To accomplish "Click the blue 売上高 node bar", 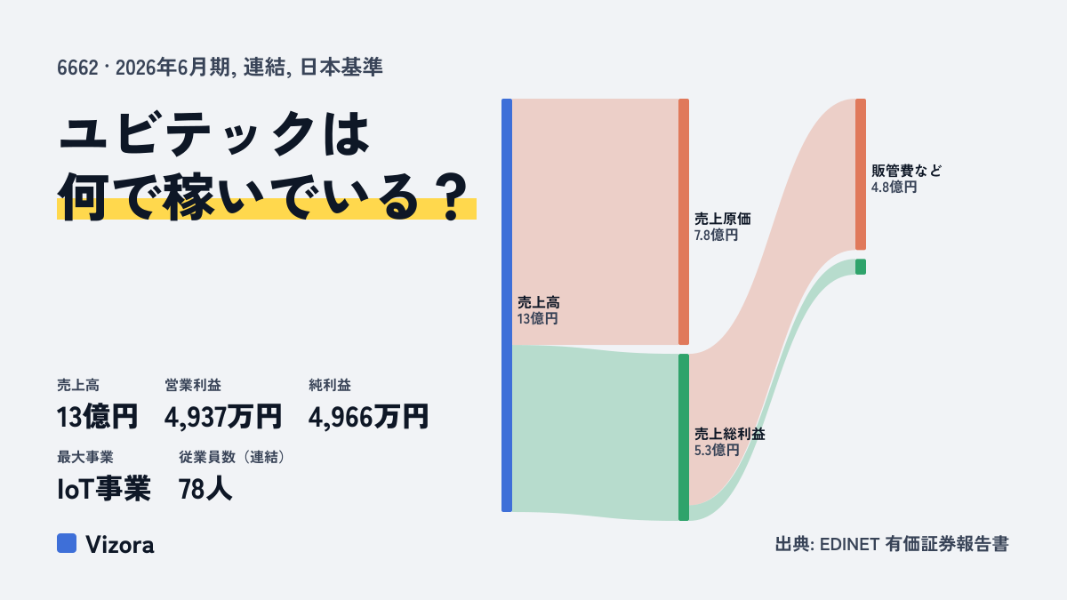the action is click(x=507, y=305).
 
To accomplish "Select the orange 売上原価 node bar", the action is click(x=684, y=221).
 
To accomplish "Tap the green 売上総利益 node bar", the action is click(x=684, y=437).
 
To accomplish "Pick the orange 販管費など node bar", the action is click(x=861, y=174).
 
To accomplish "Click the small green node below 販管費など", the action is click(x=861, y=267).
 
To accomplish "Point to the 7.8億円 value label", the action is click(x=716, y=236).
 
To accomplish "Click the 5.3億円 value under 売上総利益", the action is click(x=717, y=450).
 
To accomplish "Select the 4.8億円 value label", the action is click(x=895, y=188).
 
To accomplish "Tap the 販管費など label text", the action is click(x=906, y=171).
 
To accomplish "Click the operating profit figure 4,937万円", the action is click(x=223, y=417).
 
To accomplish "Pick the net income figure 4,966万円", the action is click(x=368, y=417).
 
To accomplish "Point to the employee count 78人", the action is click(x=205, y=489).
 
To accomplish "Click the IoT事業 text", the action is click(x=104, y=489).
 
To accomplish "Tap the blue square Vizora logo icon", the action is click(x=67, y=543).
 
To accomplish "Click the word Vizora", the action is click(x=120, y=545).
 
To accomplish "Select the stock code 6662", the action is click(x=77, y=68).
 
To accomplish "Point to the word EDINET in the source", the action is click(x=849, y=544).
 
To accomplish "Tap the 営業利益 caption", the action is click(x=193, y=385).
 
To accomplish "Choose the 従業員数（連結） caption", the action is click(x=232, y=457).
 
